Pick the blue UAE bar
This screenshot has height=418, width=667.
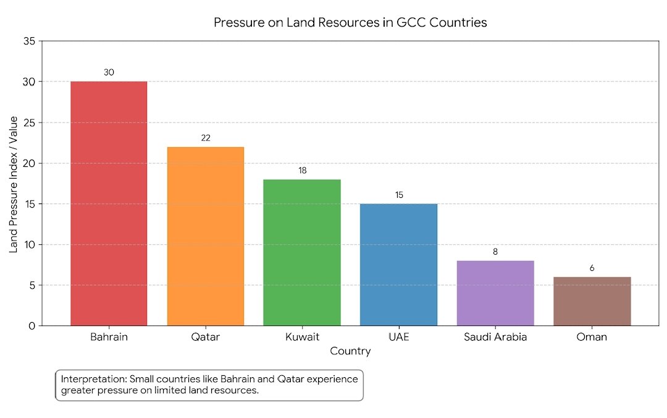(x=398, y=264)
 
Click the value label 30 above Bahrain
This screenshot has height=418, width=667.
(x=109, y=72)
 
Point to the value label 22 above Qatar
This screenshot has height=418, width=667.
(x=206, y=138)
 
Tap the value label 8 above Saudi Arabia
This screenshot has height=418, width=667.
(x=495, y=252)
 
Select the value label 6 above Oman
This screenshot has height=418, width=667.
(x=592, y=268)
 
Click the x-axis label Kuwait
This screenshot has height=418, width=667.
(x=302, y=338)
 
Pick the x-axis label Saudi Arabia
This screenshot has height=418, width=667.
(x=495, y=338)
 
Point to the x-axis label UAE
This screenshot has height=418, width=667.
(x=398, y=338)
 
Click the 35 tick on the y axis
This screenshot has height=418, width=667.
(x=30, y=41)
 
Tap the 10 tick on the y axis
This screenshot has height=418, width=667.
(x=30, y=245)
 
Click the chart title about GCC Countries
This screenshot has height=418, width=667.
(x=350, y=23)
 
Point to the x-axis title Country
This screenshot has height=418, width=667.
(x=350, y=352)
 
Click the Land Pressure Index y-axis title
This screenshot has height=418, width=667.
(x=14, y=184)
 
